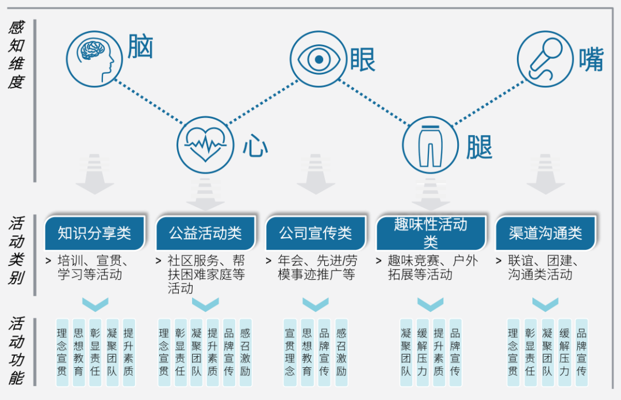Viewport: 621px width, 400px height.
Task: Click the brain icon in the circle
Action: [94, 56]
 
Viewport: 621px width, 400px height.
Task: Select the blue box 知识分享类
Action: [95, 233]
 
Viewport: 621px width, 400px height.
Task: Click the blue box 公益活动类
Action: [205, 233]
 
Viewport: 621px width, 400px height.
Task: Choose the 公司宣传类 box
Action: [316, 233]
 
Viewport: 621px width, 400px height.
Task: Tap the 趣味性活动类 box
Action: [431, 233]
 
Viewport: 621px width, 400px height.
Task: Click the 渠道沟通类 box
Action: [545, 233]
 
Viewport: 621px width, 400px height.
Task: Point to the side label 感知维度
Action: [16, 55]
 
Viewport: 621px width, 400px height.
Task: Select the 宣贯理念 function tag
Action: [290, 352]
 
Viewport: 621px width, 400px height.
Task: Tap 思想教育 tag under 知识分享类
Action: [79, 352]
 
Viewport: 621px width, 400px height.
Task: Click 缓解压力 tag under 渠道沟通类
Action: [564, 352]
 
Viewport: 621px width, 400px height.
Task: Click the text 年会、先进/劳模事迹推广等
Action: [317, 268]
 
